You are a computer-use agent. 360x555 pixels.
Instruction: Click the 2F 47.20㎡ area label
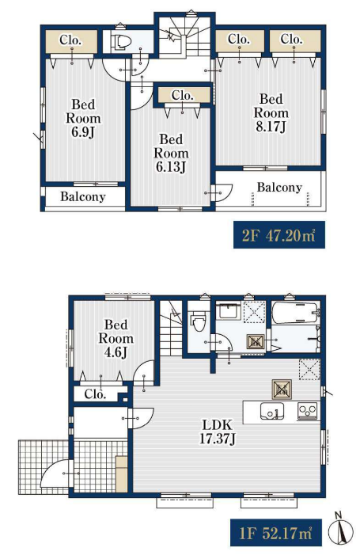tap(279, 235)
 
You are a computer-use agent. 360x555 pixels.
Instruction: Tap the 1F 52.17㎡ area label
tap(276, 533)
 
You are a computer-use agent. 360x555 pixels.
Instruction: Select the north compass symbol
tap(341, 530)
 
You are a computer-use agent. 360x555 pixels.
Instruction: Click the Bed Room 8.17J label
tap(271, 113)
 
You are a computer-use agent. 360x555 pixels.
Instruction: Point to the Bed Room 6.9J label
tap(83, 118)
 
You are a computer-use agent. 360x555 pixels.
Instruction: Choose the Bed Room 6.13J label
tap(171, 153)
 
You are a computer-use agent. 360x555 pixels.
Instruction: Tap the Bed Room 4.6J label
tap(116, 338)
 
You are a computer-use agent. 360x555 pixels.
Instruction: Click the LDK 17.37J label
tap(217, 431)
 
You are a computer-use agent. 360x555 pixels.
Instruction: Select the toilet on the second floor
tap(121, 41)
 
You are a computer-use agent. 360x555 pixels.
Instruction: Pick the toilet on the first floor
tap(198, 320)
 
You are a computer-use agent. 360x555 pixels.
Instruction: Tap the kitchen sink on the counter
tap(271, 411)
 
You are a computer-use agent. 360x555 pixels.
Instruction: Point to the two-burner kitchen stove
tap(308, 411)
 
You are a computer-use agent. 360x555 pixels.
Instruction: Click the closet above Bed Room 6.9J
tap(71, 41)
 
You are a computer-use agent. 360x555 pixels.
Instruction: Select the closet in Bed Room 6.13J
tap(183, 96)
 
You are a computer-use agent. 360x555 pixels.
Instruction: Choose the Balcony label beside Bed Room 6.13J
tap(279, 187)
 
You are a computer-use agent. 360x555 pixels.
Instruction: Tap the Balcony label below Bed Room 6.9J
tap(83, 196)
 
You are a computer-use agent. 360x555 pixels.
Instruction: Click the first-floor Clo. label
tap(95, 394)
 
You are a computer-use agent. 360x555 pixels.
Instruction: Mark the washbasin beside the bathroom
tap(228, 311)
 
